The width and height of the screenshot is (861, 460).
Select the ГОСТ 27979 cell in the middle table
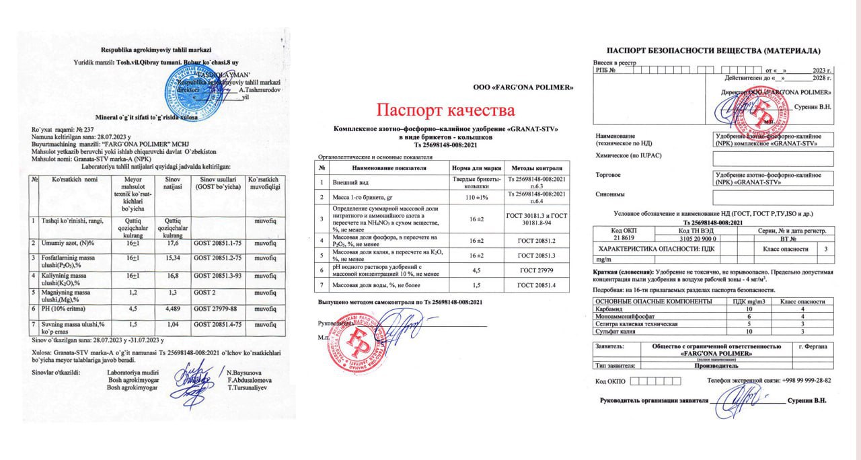(537, 272)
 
